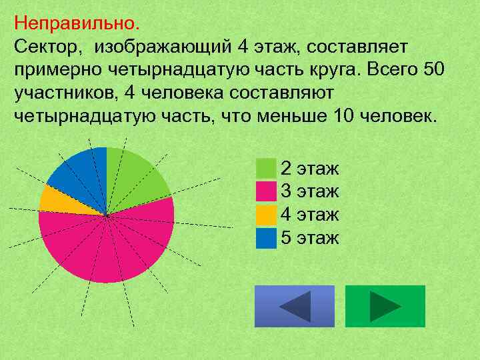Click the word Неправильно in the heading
coord(74,23)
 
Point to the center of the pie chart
coord(107,215)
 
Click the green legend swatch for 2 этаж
coord(266,167)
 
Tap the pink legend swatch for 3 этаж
coord(266,191)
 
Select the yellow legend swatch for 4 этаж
coord(266,215)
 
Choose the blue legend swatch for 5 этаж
coord(266,238)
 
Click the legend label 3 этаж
coord(310,191)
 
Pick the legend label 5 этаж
coord(310,238)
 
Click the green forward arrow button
coord(385,306)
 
